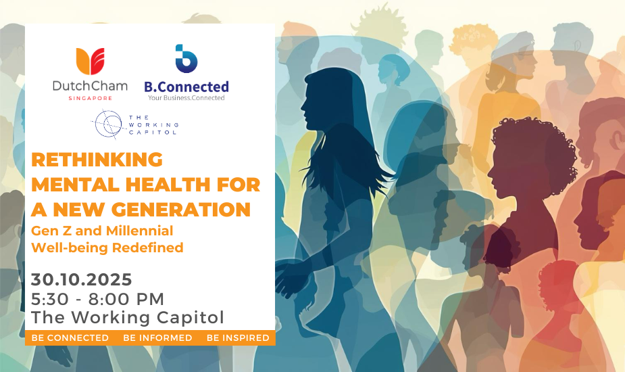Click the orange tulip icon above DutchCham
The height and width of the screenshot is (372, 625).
pos(90,61)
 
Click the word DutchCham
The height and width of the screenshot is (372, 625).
pos(90,86)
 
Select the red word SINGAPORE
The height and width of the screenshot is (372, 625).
pos(90,98)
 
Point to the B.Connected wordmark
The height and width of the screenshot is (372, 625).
pos(186,87)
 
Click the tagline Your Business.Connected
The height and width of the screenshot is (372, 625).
pos(186,98)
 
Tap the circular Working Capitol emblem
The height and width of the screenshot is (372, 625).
pos(107,124)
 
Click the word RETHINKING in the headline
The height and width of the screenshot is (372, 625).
pos(97,160)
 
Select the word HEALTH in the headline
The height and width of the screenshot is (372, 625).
pos(168,185)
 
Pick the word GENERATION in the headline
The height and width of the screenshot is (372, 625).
pos(180,210)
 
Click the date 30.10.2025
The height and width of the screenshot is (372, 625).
pos(81,279)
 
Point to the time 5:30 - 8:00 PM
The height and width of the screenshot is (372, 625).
pos(98,299)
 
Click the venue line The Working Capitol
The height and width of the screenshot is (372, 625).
pos(128,318)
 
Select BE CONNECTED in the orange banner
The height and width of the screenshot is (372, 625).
pos(70,338)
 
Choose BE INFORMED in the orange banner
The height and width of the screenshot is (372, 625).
pos(157,338)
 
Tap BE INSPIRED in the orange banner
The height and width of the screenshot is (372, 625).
pos(238,338)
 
